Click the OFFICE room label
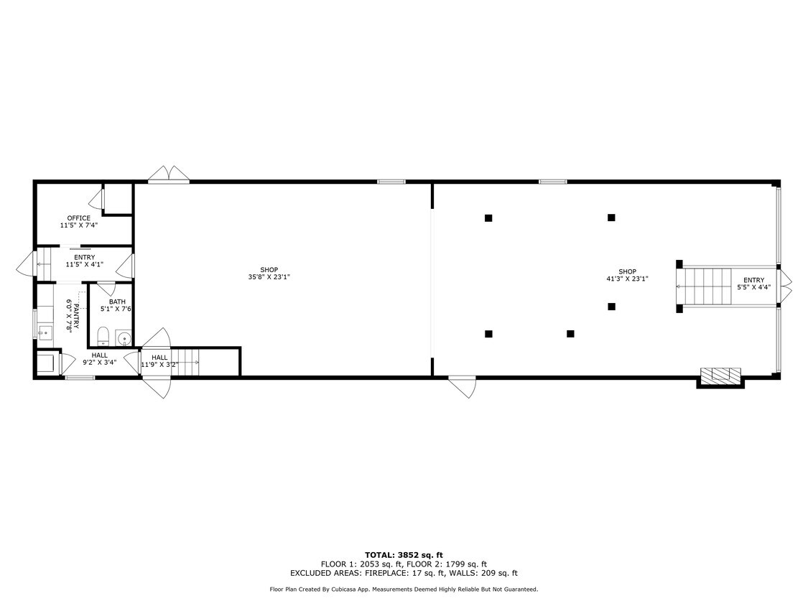point(79,218)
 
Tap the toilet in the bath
point(103,336)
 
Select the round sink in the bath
point(124,338)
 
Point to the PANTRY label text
point(76,317)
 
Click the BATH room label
point(118,302)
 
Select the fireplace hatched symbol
point(720,377)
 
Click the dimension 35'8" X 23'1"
point(269,277)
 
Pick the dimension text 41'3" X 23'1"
point(627,279)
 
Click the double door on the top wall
point(169,174)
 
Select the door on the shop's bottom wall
point(463,387)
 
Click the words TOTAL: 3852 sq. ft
point(404,555)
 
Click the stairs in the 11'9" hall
point(185,363)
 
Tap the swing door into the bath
point(106,289)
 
